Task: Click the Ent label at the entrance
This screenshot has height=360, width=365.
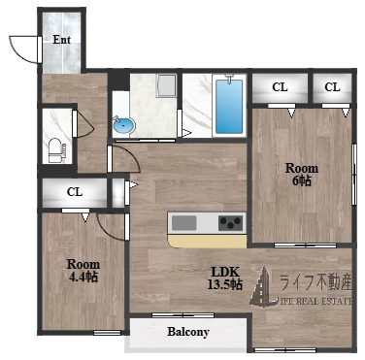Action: (61, 40)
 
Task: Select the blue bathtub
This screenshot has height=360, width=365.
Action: (229, 106)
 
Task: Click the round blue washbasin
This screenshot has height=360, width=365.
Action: (123, 125)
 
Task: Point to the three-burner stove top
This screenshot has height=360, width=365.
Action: (230, 223)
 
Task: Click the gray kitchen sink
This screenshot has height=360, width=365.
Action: (184, 223)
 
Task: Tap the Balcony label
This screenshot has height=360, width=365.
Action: (188, 332)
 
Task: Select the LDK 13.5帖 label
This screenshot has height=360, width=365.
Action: (224, 278)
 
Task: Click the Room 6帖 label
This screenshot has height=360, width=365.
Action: (302, 175)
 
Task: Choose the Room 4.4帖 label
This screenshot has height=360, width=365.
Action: (83, 271)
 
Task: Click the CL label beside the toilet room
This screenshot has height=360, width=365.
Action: (75, 192)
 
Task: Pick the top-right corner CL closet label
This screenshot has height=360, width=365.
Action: (332, 87)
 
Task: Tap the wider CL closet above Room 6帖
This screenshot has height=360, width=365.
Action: (280, 87)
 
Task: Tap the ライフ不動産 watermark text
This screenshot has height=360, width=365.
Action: (315, 283)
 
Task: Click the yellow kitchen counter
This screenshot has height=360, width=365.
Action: (207, 242)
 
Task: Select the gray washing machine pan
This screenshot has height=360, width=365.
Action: (166, 86)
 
